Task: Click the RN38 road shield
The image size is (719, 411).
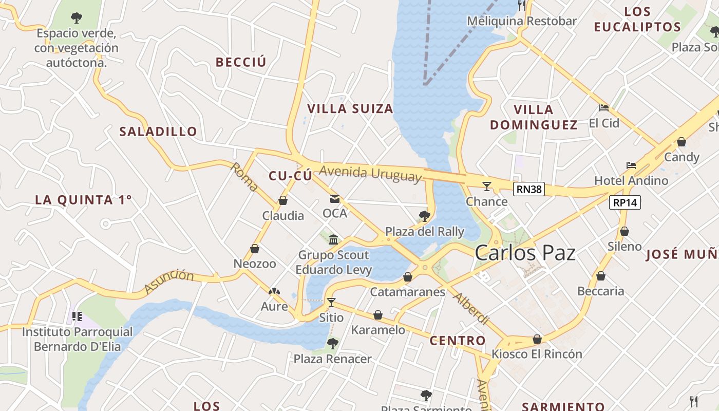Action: click(x=529, y=189)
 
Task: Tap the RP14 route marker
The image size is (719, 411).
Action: click(x=625, y=202)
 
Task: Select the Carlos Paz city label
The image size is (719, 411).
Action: click(x=525, y=253)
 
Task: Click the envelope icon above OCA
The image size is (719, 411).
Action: click(x=335, y=199)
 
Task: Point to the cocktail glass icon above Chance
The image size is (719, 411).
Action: click(x=487, y=186)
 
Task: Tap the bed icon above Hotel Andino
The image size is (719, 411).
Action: click(x=631, y=165)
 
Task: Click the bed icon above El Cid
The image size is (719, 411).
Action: click(x=604, y=108)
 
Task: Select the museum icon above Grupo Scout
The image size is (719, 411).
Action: click(x=334, y=239)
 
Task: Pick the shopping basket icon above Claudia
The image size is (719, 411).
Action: click(x=283, y=200)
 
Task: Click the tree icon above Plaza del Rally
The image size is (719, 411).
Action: click(x=425, y=216)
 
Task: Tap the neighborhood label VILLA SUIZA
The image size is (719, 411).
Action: click(x=350, y=109)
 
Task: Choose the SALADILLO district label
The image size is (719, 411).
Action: click(x=158, y=132)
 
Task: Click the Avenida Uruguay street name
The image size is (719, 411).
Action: click(x=370, y=173)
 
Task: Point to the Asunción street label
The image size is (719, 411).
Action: click(x=169, y=282)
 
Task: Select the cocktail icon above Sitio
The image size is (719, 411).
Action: click(x=331, y=302)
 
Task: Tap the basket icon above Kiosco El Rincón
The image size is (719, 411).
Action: click(x=537, y=339)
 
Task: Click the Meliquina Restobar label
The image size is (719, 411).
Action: click(x=522, y=22)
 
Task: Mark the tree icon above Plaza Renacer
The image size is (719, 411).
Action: click(x=333, y=343)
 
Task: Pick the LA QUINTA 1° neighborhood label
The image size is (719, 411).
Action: click(x=84, y=200)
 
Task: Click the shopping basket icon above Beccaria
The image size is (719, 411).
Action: click(x=601, y=276)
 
